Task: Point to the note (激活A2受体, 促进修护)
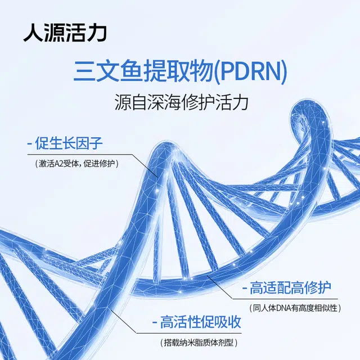79,163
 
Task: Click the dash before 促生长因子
29,144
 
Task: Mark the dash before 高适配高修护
245,290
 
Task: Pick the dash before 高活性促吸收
154,323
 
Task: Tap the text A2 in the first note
64,163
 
